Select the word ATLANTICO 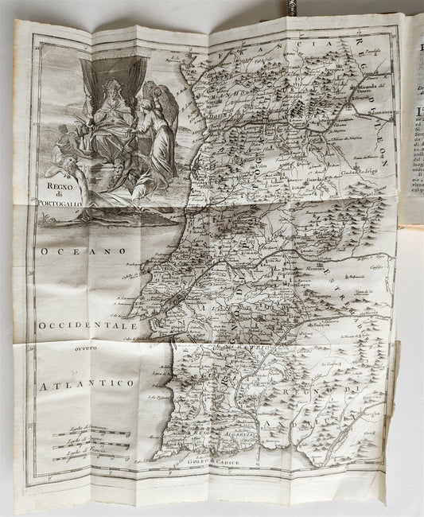point(84,383)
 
